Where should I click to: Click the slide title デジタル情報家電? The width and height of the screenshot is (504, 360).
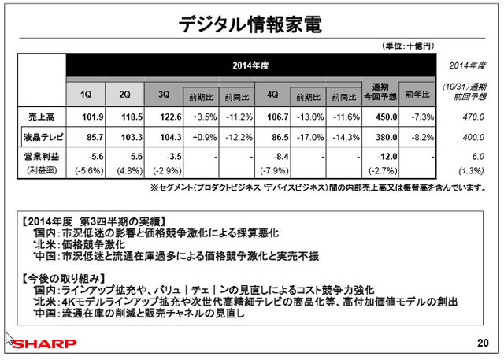click(251, 23)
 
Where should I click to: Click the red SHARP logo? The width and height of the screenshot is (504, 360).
click(42, 344)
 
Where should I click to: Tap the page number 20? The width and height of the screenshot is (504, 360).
click(483, 343)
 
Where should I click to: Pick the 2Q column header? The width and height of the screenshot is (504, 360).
click(125, 95)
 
